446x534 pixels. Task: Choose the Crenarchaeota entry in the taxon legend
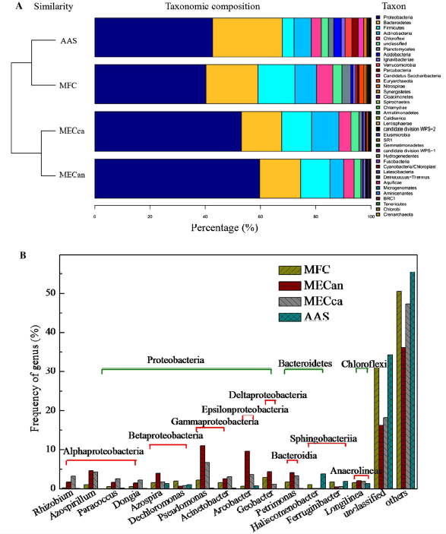pyautogui.click(x=398, y=215)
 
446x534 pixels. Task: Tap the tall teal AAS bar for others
pyautogui.click(x=413, y=380)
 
